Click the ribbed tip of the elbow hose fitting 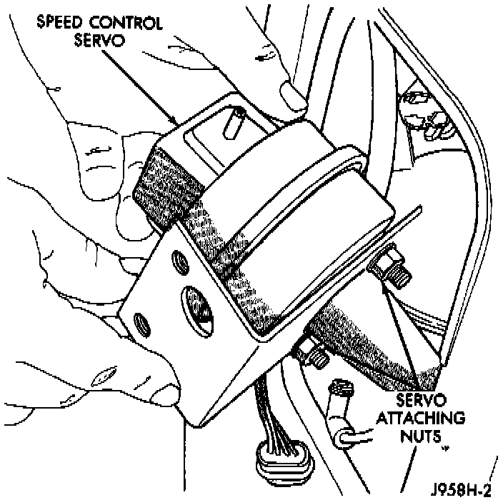pos(342,391)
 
